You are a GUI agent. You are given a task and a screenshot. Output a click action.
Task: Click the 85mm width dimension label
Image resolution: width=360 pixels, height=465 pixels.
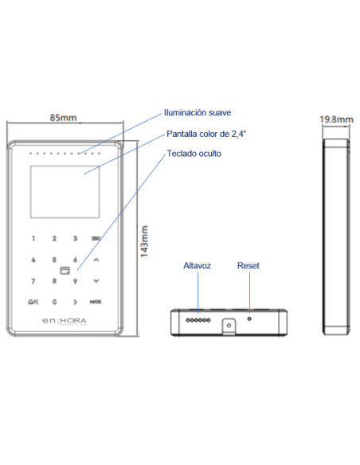(64, 118)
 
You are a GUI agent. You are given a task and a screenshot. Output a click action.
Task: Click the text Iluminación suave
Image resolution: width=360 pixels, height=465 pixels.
(198, 113)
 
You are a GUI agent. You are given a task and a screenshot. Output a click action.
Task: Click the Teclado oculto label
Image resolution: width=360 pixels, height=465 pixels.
(194, 153)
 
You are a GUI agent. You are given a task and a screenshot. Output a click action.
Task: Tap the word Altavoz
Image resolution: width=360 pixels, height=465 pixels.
(197, 265)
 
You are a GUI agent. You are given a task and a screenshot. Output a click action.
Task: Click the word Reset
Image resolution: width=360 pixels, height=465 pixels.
(248, 265)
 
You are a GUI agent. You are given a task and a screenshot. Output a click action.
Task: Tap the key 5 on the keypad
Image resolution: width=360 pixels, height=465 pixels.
(54, 260)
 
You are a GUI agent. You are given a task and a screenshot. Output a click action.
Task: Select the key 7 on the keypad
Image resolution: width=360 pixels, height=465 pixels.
(33, 281)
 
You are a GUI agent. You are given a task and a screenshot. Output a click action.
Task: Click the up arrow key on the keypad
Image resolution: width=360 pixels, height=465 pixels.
(96, 260)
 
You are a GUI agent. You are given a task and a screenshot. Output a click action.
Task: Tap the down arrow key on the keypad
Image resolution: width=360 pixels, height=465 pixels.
(96, 281)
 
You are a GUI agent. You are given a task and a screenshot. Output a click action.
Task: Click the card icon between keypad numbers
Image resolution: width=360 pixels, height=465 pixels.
(65, 270)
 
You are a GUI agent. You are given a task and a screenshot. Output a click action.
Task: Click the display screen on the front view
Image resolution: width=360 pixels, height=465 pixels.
(54, 191)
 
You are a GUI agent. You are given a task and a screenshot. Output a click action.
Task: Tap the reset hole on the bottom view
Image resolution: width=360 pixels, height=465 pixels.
(249, 317)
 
